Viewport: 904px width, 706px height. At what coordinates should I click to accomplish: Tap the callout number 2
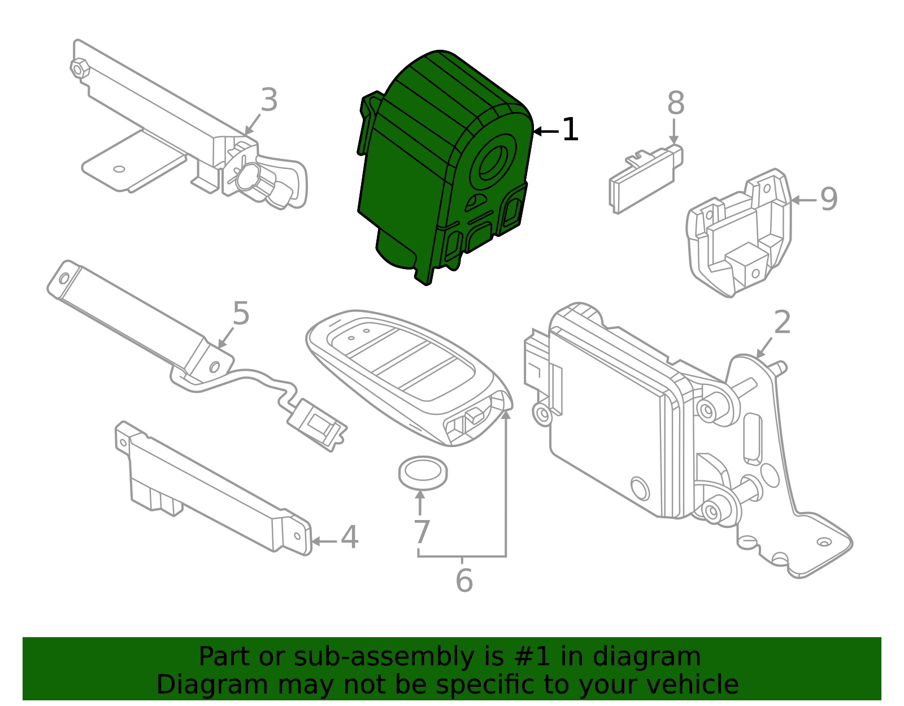[782, 323]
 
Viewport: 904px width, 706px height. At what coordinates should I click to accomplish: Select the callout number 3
[269, 100]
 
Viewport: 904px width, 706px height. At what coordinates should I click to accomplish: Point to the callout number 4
[349, 538]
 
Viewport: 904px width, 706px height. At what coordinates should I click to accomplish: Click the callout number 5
[241, 313]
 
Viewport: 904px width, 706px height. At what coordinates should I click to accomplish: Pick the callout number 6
[464, 581]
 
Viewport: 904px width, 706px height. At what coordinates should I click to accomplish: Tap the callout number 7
[421, 532]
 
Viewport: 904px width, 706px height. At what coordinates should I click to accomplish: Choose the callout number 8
[675, 103]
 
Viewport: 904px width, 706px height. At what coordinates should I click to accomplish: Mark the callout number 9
[828, 199]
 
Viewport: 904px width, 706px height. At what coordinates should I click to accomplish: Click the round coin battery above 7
[423, 472]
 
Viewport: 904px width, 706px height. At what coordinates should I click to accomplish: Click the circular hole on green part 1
[493, 162]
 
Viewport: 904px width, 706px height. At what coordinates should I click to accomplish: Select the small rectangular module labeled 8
[644, 178]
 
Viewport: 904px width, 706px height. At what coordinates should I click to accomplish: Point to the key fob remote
[407, 373]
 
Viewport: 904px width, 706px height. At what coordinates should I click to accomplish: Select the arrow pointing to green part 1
[545, 131]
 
